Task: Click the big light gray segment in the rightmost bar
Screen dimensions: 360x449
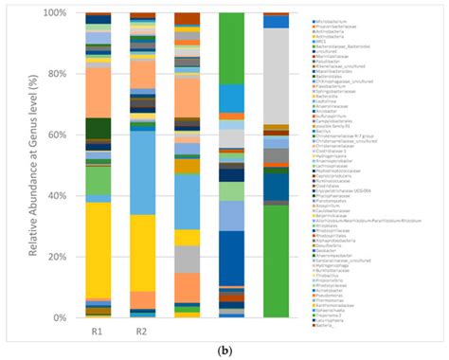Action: pos(277,76)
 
